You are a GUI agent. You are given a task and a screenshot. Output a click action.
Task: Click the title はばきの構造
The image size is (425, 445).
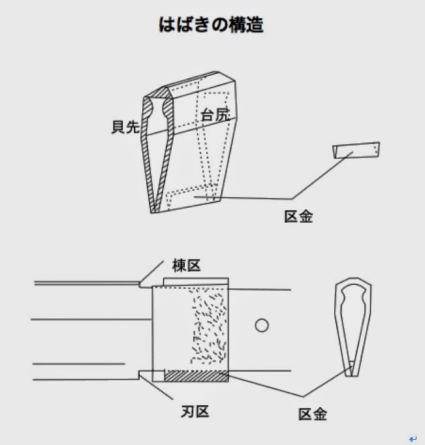click(x=212, y=25)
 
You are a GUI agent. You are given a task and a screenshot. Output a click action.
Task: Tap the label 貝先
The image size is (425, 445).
click(x=125, y=127)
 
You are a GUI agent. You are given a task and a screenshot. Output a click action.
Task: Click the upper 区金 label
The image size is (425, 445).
click(x=298, y=216)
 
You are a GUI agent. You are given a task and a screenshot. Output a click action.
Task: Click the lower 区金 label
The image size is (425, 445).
click(x=312, y=414)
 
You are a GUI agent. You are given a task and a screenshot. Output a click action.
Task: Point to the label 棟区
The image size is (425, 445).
click(x=185, y=265)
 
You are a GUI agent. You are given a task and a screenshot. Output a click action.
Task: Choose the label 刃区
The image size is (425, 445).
click(x=194, y=412)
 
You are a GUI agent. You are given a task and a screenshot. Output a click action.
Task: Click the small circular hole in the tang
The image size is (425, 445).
click(x=262, y=325)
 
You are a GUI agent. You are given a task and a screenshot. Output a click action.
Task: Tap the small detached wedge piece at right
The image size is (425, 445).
click(x=355, y=150)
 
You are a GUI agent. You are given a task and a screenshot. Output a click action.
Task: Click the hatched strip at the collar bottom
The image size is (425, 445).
click(x=195, y=376)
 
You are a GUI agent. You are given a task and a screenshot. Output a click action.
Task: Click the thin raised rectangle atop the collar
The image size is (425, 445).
click(x=195, y=282)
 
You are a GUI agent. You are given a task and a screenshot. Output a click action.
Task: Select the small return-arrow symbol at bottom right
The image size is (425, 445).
click(x=413, y=439)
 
